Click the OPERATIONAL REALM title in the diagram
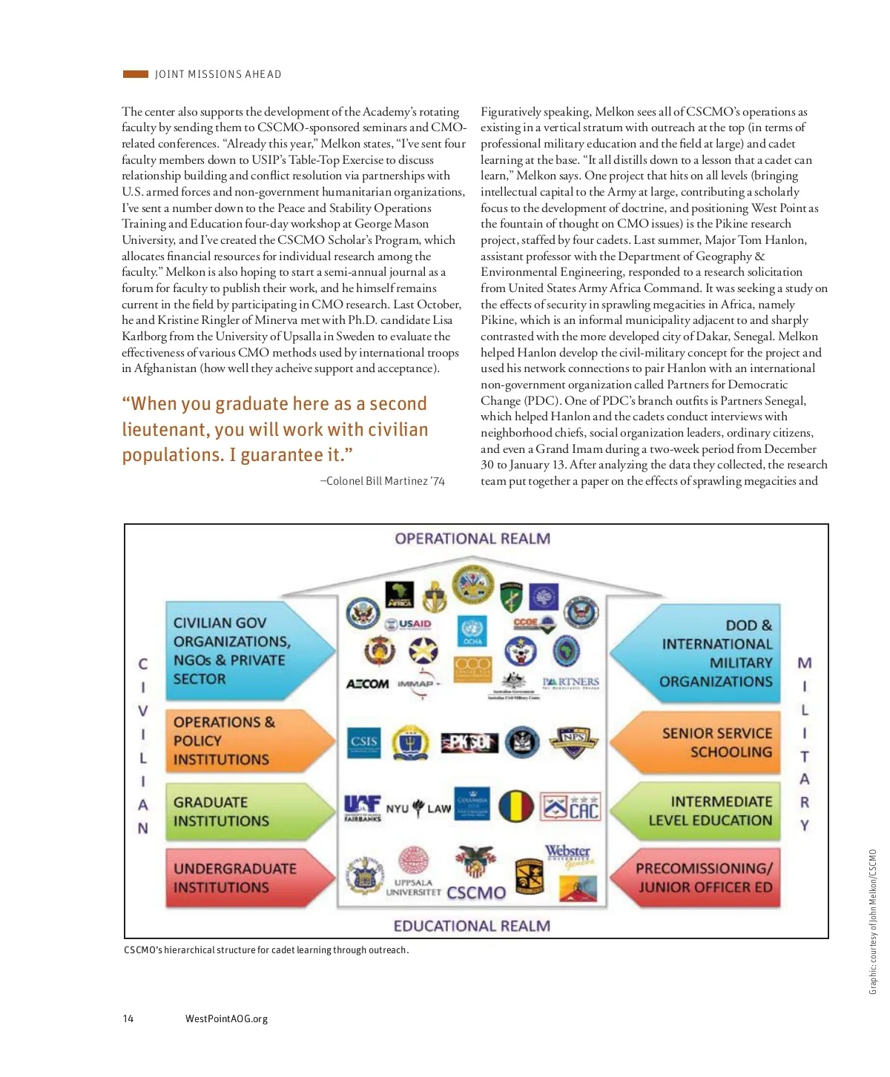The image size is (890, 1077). pyautogui.click(x=472, y=539)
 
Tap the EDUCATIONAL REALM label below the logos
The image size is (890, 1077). pyautogui.click(x=472, y=926)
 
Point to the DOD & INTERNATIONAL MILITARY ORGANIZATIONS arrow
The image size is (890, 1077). pyautogui.click(x=701, y=654)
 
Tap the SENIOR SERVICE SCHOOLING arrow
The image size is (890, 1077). pyautogui.click(x=701, y=743)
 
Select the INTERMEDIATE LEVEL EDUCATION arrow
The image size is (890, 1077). pyautogui.click(x=701, y=811)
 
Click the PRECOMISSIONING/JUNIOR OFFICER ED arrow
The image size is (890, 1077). pyautogui.click(x=701, y=878)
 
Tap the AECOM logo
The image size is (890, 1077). pyautogui.click(x=367, y=683)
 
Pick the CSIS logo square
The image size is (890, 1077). pyautogui.click(x=364, y=742)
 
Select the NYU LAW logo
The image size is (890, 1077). pyautogui.click(x=418, y=808)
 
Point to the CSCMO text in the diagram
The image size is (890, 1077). pyautogui.click(x=476, y=892)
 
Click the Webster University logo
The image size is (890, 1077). pyautogui.click(x=568, y=855)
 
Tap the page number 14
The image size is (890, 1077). pyautogui.click(x=128, y=1018)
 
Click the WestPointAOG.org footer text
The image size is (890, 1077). pyautogui.click(x=226, y=1018)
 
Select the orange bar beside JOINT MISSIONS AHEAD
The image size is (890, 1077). pyautogui.click(x=136, y=74)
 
